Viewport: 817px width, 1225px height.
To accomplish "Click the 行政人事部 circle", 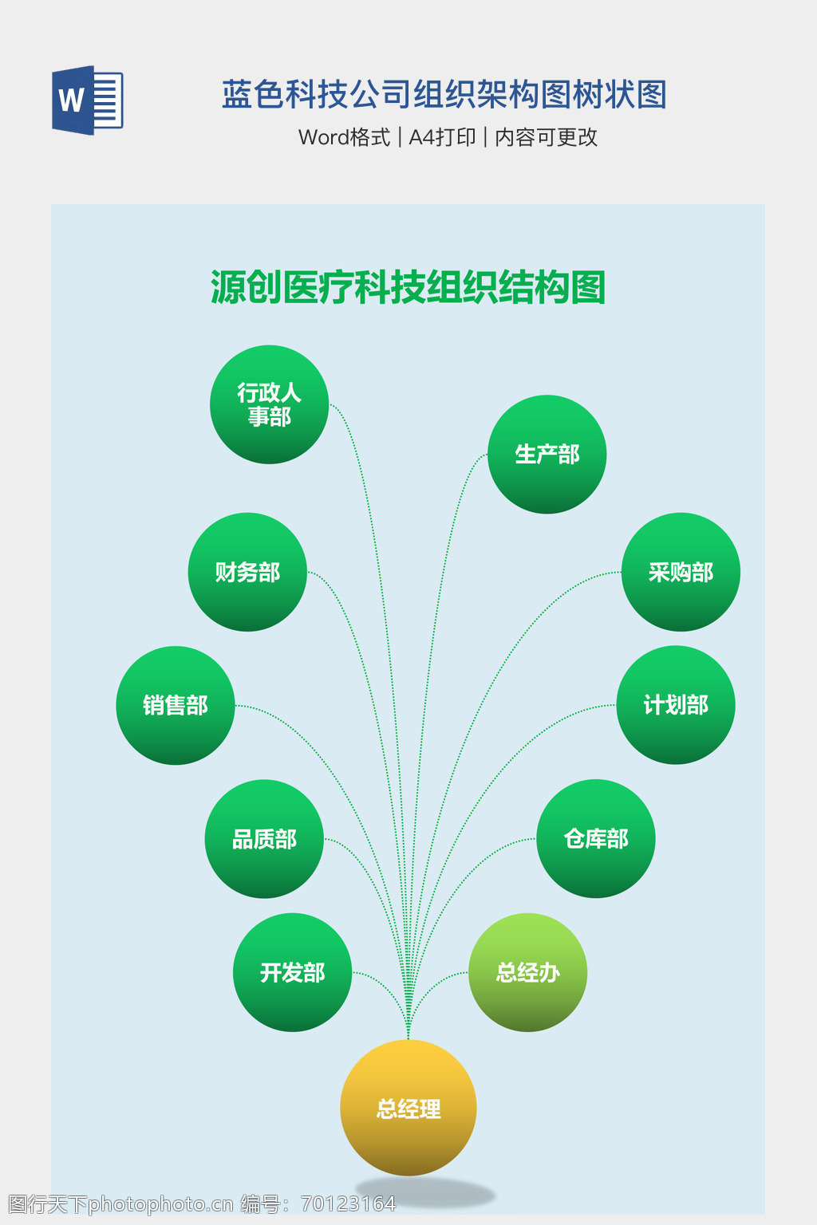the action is tap(269, 404).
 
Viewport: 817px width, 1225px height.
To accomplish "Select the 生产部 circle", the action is tap(547, 454).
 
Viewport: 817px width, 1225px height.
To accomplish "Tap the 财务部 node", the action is tap(247, 572).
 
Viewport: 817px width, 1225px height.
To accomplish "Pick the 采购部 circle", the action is tap(681, 572).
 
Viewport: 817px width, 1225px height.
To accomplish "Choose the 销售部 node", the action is tap(175, 706).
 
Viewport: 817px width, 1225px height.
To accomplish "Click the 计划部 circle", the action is tap(676, 705).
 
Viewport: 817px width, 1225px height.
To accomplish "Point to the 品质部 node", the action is tap(264, 839).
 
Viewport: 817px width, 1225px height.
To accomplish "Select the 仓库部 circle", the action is tap(596, 838).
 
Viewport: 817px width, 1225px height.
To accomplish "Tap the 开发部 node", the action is tap(293, 972).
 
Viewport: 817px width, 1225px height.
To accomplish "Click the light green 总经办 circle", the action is tap(528, 972).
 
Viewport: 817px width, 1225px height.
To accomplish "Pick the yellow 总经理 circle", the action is tap(408, 1108).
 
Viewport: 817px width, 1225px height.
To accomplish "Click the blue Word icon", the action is tap(88, 100).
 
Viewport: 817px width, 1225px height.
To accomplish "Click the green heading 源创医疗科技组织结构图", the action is tap(408, 287).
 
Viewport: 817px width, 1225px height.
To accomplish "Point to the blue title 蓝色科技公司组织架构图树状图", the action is tap(444, 94).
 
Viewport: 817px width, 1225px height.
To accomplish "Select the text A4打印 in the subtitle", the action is tap(442, 137).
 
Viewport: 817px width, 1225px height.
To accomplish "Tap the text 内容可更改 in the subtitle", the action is tap(546, 137).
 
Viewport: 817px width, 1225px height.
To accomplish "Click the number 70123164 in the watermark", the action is tap(348, 1203).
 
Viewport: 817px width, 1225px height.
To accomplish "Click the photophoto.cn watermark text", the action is tap(161, 1203).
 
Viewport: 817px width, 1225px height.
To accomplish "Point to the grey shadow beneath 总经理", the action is tap(425, 1192).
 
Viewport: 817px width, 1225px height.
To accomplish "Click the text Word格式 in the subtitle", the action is tap(344, 137).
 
